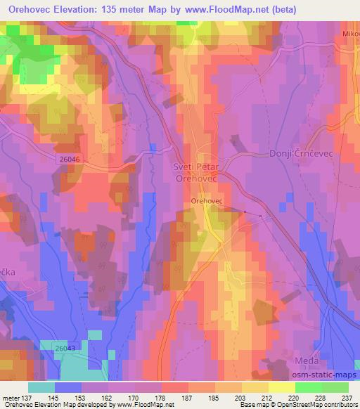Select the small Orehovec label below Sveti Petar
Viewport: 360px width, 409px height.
tap(207, 201)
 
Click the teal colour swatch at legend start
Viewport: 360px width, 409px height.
tap(41, 387)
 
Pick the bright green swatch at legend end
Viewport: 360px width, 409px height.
tap(335, 387)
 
